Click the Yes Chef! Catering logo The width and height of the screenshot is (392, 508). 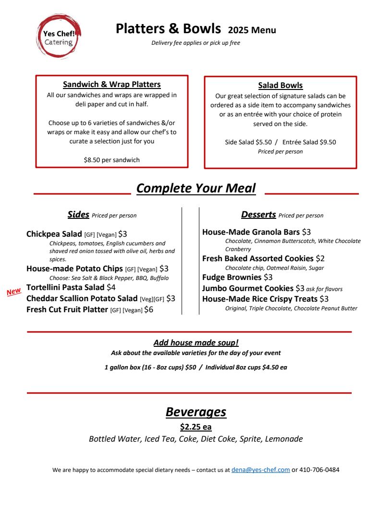[59, 37]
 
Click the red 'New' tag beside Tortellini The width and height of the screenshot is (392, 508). [14, 292]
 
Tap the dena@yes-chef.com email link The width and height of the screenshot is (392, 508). [260, 470]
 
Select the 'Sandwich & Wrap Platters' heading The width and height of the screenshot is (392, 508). [111, 85]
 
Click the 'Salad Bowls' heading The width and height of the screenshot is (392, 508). [281, 86]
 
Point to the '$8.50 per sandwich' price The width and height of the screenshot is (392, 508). [111, 160]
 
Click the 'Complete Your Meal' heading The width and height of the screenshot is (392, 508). [196, 188]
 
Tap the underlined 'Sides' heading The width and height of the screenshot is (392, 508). [78, 215]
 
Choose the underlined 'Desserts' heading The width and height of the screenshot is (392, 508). [258, 215]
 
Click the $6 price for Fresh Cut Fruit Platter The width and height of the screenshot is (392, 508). [149, 310]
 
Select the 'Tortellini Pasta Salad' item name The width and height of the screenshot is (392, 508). [65, 288]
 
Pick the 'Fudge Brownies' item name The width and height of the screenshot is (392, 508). [232, 278]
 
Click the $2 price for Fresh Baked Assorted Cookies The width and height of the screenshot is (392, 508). [320, 259]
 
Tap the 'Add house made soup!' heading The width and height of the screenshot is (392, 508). [196, 343]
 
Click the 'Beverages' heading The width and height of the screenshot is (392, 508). [196, 412]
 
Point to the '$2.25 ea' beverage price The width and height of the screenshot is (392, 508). [196, 427]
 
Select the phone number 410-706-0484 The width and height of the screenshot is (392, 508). [319, 470]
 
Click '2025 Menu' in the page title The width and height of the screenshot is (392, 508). [252, 30]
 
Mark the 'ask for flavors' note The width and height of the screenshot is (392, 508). [324, 289]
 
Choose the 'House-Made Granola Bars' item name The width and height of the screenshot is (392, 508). [251, 232]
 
